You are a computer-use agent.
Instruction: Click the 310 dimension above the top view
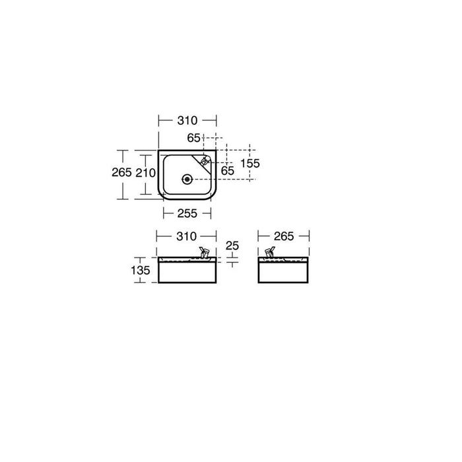[187, 120]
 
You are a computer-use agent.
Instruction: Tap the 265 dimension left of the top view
[119, 172]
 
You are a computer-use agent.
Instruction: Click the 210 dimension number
[145, 173]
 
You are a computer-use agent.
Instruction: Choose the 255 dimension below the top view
[187, 213]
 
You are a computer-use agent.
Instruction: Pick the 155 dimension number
[251, 163]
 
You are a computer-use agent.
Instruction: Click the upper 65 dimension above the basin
[193, 138]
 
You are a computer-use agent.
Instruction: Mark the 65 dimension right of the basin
[228, 171]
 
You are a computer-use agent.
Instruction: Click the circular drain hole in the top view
[187, 178]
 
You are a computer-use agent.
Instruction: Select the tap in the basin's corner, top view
[206, 160]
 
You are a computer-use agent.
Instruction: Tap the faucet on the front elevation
[204, 252]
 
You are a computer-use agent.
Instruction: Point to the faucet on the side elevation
[269, 252]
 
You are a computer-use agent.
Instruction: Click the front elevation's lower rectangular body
[187, 273]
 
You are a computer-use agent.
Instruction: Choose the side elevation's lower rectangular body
[283, 273]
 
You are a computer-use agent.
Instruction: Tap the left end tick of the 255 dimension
[163, 213]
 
